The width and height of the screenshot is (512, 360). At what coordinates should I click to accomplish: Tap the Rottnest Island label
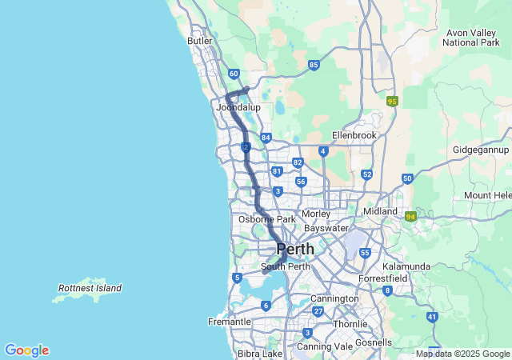click(90, 288)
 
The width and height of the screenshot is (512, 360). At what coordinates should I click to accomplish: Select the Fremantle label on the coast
click(229, 322)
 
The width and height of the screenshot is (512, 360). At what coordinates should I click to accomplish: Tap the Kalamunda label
click(406, 266)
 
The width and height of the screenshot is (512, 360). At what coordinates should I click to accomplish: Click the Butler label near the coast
click(199, 41)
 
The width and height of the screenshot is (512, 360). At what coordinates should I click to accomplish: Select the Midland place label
click(380, 211)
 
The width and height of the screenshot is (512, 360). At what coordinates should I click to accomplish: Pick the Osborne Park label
click(267, 219)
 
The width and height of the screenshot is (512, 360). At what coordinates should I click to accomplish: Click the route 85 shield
click(314, 65)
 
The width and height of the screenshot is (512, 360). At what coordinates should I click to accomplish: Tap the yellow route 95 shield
click(392, 102)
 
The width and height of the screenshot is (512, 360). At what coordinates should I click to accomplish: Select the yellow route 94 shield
click(411, 216)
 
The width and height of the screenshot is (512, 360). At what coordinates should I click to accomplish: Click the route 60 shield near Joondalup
click(233, 74)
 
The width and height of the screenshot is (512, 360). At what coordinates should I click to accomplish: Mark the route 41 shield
click(432, 317)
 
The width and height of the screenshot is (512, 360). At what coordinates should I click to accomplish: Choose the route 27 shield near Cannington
click(318, 311)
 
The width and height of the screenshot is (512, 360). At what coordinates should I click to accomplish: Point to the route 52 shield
click(366, 174)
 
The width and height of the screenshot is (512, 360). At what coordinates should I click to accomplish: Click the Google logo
click(26, 350)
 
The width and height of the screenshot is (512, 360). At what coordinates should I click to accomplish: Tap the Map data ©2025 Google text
click(462, 354)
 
